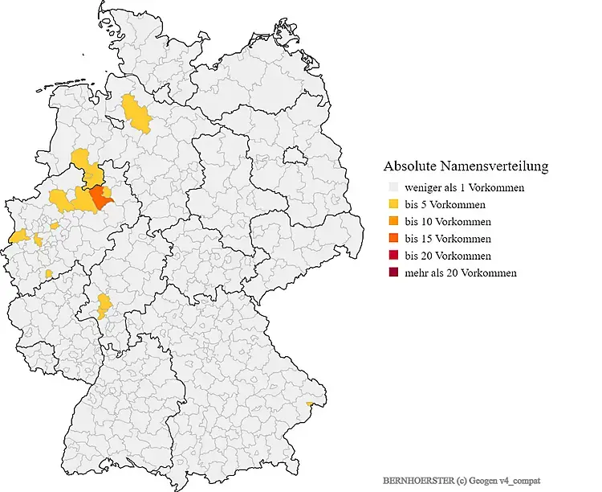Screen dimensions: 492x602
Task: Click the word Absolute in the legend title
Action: pos(409,167)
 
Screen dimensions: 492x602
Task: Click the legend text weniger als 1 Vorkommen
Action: pos(465,188)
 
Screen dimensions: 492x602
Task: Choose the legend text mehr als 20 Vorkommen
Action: pos(461,273)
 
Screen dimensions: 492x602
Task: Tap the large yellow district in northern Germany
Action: pos(137,114)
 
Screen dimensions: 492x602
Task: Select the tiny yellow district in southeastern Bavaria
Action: pos(310,404)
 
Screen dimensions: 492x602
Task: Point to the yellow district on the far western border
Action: pos(18,237)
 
